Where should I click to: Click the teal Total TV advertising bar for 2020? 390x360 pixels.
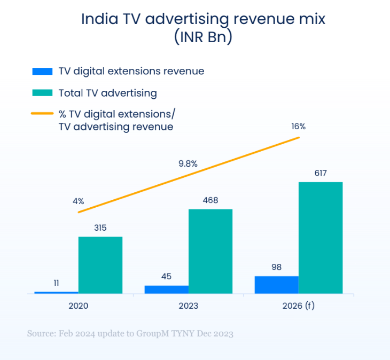[x=100, y=265]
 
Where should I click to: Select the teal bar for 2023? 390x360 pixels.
[x=210, y=251]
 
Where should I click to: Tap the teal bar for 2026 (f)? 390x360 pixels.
[x=320, y=238]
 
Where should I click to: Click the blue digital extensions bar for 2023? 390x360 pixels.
[x=167, y=289]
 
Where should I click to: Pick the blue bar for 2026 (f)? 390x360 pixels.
[x=276, y=285]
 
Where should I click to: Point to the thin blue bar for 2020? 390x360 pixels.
[x=57, y=292]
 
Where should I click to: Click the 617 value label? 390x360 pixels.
[x=321, y=173]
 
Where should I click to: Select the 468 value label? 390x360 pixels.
[x=210, y=200]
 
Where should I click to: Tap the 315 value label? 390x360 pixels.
[x=100, y=228]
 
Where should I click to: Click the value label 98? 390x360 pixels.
[x=276, y=267]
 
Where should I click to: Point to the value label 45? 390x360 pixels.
[x=167, y=276]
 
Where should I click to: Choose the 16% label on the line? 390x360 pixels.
[x=298, y=127]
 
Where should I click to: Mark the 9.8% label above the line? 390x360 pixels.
[x=188, y=164]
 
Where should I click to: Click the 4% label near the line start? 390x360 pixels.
[x=79, y=201]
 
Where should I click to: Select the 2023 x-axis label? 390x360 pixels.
[x=188, y=307]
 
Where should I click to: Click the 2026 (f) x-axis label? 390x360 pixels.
[x=298, y=307]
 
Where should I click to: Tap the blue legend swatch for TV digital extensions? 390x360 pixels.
[x=42, y=71]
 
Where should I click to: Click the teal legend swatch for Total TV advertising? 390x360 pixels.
[x=42, y=93]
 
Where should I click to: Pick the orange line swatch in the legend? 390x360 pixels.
[x=42, y=114]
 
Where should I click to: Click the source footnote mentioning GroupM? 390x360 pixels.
[x=130, y=334]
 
